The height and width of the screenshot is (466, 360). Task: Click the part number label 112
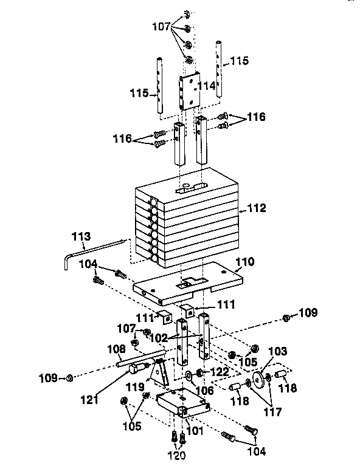(257, 208)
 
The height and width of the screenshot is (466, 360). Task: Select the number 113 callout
(81, 236)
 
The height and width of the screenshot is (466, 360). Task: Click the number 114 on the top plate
(206, 86)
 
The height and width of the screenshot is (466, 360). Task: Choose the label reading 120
(177, 453)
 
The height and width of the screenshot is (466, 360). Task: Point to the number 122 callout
(220, 371)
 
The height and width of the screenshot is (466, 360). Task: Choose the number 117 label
(272, 411)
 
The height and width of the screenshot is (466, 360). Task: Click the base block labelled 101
(181, 403)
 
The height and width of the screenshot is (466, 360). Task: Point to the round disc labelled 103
(263, 379)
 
